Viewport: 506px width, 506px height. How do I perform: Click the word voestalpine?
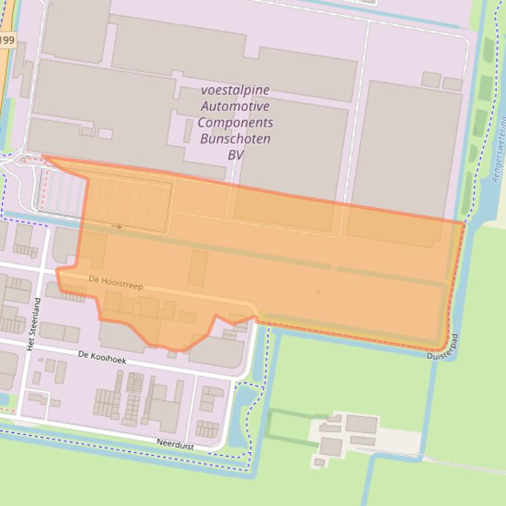coord(235,90)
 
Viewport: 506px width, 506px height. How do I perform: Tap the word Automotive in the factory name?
coord(235,106)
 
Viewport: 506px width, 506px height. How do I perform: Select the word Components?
coord(235,123)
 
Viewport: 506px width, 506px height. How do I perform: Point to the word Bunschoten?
coord(235,139)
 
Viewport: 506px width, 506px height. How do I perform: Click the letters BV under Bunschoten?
coord(235,155)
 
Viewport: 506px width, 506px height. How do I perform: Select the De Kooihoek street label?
coord(102,357)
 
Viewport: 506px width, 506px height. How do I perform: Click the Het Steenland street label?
coord(37,323)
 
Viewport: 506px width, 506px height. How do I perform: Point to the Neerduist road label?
coord(175,444)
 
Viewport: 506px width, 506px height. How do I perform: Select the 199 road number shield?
coord(7,40)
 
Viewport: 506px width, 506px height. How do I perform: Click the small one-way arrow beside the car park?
coord(117,227)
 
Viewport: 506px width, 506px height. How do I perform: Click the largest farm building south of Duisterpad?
coord(361,424)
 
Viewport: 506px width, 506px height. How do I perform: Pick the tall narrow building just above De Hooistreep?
coord(198,267)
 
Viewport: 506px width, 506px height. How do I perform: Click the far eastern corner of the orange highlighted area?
coord(464,223)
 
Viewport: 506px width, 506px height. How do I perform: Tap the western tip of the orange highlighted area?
coord(43,156)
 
